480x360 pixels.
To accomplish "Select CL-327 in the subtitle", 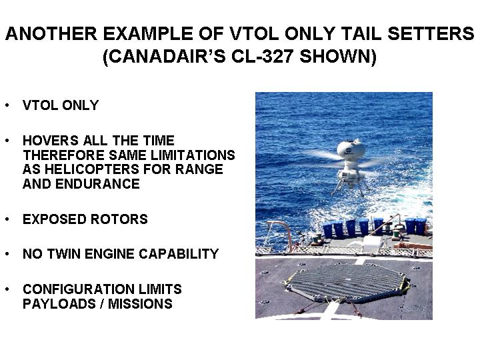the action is tap(262, 56).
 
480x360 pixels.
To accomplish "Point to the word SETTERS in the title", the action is tap(431, 33).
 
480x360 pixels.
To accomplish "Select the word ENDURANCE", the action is tap(97, 184).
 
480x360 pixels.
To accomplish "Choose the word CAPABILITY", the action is tap(179, 254).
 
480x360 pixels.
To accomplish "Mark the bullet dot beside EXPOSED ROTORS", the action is tap(7, 219).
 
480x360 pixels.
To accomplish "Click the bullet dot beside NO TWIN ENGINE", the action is tap(7, 254).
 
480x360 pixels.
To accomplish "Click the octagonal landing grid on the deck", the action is tap(347, 282).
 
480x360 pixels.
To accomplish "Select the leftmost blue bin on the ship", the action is tap(328, 230).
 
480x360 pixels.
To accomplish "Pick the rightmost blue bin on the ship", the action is tap(421, 226).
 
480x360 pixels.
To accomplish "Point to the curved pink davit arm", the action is tap(283, 229).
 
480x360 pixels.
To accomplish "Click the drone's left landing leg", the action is tap(337, 187).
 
